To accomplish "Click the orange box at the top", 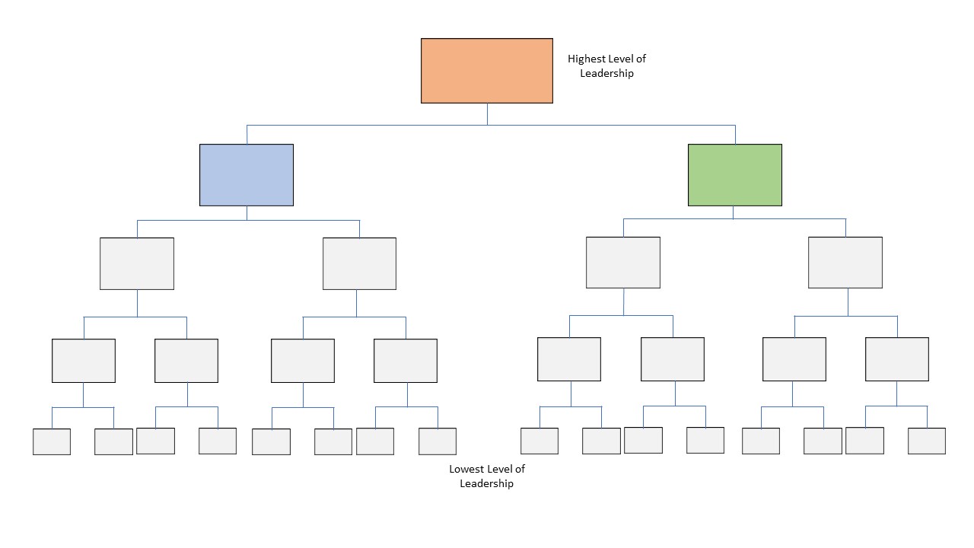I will (x=487, y=71).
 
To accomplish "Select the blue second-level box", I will (x=247, y=175).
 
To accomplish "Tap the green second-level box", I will (x=735, y=175).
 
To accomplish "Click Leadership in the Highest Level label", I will (x=606, y=74).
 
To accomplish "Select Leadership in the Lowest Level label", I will (x=487, y=484).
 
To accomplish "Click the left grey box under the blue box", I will (x=137, y=263).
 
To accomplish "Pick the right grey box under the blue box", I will (x=359, y=263).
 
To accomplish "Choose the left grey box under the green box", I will (x=623, y=263).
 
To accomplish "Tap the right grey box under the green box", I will (x=845, y=263).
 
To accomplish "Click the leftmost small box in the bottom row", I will (x=52, y=441).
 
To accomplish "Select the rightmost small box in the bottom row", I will (x=927, y=441).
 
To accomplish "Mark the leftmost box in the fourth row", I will (x=84, y=361).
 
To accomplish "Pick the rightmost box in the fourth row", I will (x=897, y=359).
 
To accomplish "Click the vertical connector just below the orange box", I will (x=487, y=113).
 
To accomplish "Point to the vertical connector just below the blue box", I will (x=247, y=213).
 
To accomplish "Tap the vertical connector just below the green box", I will (x=734, y=212).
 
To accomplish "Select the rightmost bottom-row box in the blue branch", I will (x=438, y=441).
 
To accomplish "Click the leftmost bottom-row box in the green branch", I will (x=540, y=441).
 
